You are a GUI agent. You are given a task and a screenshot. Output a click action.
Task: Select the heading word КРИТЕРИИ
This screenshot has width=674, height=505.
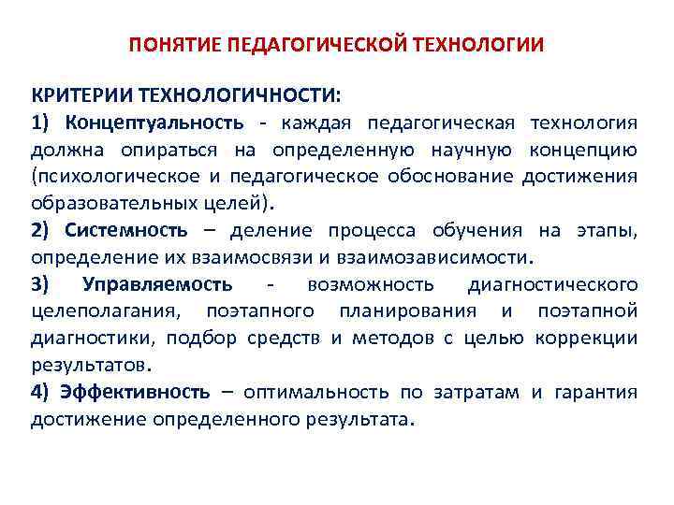click(81, 96)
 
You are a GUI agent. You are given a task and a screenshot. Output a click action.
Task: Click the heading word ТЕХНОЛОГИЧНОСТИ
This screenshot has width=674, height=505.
click(239, 96)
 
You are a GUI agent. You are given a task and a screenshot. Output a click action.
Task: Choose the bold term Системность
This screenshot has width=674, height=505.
click(126, 230)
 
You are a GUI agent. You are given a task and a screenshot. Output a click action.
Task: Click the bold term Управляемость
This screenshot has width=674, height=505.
click(158, 283)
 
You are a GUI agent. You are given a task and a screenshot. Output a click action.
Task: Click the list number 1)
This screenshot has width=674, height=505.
click(44, 123)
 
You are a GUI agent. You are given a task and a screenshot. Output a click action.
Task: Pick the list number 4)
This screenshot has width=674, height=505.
click(44, 391)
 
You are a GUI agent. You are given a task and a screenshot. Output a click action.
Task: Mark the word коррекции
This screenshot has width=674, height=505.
click(586, 337)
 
